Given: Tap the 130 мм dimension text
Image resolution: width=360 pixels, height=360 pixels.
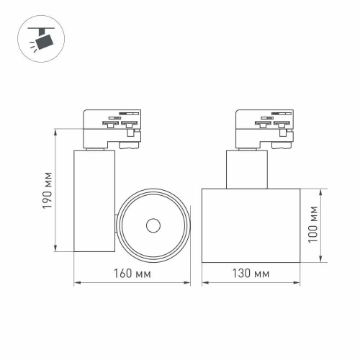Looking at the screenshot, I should [x=251, y=274].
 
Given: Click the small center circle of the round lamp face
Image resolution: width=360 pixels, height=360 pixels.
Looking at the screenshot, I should [x=153, y=225].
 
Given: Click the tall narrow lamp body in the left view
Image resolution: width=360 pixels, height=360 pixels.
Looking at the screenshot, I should [x=94, y=202].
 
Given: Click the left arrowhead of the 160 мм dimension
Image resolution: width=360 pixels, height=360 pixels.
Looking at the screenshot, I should [x=77, y=284].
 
